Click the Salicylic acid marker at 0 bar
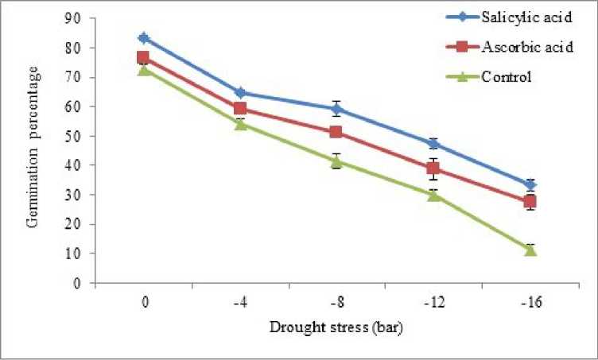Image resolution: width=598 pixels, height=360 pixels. click(143, 37)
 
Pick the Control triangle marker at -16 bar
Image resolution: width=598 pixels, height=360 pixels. click(530, 250)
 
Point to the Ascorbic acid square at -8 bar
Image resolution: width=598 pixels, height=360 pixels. click(336, 132)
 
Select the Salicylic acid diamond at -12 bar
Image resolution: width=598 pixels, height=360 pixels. click(433, 144)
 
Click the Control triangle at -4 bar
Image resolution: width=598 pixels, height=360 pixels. click(240, 124)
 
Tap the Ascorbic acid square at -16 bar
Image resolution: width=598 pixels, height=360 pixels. click(530, 201)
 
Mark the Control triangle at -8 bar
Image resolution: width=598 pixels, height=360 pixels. click(336, 161)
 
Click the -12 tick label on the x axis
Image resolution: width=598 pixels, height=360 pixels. click(433, 303)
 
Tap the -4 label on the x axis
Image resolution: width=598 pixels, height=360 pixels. click(240, 303)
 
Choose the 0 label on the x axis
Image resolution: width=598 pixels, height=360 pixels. click(144, 303)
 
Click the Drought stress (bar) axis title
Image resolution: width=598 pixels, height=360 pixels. click(337, 327)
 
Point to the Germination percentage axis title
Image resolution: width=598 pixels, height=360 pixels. click(33, 149)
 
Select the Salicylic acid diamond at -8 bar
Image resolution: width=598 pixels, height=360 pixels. click(336, 109)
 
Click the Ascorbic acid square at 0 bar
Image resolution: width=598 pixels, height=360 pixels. click(143, 57)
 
